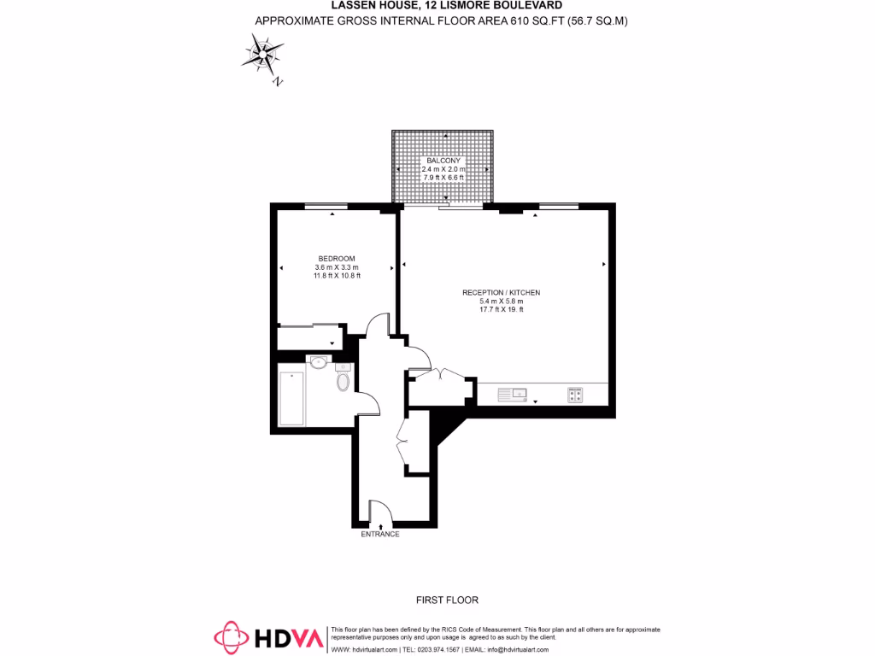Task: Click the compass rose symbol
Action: click(x=262, y=55)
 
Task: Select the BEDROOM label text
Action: click(x=337, y=259)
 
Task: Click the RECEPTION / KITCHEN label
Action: click(x=502, y=293)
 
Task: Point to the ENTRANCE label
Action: click(x=380, y=534)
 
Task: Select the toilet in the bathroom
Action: click(x=344, y=381)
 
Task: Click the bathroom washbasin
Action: click(x=319, y=361)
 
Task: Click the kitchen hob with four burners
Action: click(x=575, y=394)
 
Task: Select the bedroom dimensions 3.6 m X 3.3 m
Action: click(x=337, y=267)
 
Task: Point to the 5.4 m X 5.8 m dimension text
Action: click(x=502, y=302)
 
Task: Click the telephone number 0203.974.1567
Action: click(x=437, y=649)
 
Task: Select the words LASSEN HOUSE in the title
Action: click(x=370, y=5)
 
